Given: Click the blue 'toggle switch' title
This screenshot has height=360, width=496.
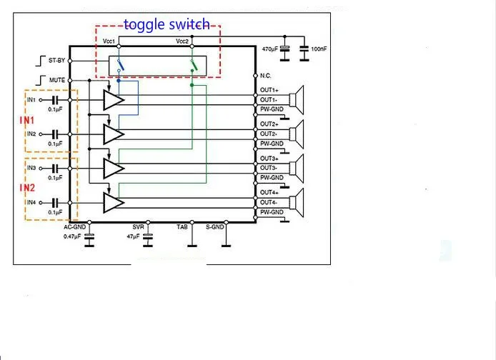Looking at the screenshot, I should click(167, 25).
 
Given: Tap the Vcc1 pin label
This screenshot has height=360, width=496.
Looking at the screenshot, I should click(109, 42).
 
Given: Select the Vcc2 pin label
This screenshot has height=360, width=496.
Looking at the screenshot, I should click(183, 42).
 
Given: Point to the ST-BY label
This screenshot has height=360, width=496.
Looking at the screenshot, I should click(57, 61).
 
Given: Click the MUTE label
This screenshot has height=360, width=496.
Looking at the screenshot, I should click(58, 80).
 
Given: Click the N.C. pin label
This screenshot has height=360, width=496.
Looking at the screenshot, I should click(266, 76).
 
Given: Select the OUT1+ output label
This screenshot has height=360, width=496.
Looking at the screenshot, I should click(269, 91).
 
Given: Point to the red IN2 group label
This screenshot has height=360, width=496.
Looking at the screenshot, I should click(26, 188).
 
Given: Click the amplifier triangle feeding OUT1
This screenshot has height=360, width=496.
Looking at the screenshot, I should click(113, 100).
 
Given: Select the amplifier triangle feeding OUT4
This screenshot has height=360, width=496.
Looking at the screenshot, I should click(113, 203).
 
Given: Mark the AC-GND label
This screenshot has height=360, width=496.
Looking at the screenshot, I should click(74, 227).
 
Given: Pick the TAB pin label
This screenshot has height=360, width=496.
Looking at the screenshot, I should click(183, 227).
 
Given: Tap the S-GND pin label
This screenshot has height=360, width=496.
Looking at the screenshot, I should click(215, 227).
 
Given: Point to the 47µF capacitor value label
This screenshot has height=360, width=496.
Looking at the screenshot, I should click(134, 236).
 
